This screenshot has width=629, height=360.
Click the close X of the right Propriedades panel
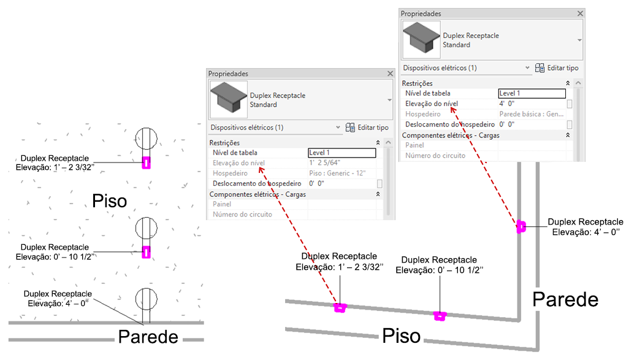(580, 13)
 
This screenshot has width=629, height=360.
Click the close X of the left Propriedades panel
(391, 74)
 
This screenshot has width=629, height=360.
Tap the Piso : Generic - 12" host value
(337, 174)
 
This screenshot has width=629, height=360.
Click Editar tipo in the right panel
(557, 68)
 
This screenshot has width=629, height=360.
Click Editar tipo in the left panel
(367, 127)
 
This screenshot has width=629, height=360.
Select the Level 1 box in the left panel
(341, 153)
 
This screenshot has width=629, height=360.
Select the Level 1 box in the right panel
(532, 93)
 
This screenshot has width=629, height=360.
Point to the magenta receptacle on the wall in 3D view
(521, 226)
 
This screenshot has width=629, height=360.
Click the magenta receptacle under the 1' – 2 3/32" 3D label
(340, 308)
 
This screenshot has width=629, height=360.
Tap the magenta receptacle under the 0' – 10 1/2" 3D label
(440, 316)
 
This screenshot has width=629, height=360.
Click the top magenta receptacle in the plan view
(147, 163)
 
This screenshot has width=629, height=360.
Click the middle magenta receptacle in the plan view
(147, 252)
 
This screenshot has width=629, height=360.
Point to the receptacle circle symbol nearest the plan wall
(147, 299)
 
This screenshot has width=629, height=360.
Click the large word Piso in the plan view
(110, 201)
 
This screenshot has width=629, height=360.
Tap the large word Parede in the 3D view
(565, 299)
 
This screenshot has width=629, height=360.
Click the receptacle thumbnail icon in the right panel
(421, 39)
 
